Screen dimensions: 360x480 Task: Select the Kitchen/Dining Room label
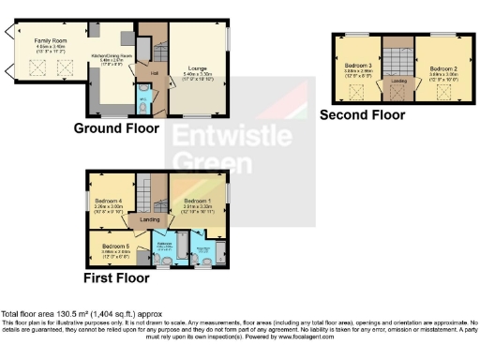(106, 57)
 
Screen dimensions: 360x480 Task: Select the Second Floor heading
(362, 115)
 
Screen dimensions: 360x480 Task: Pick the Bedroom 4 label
(108, 201)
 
